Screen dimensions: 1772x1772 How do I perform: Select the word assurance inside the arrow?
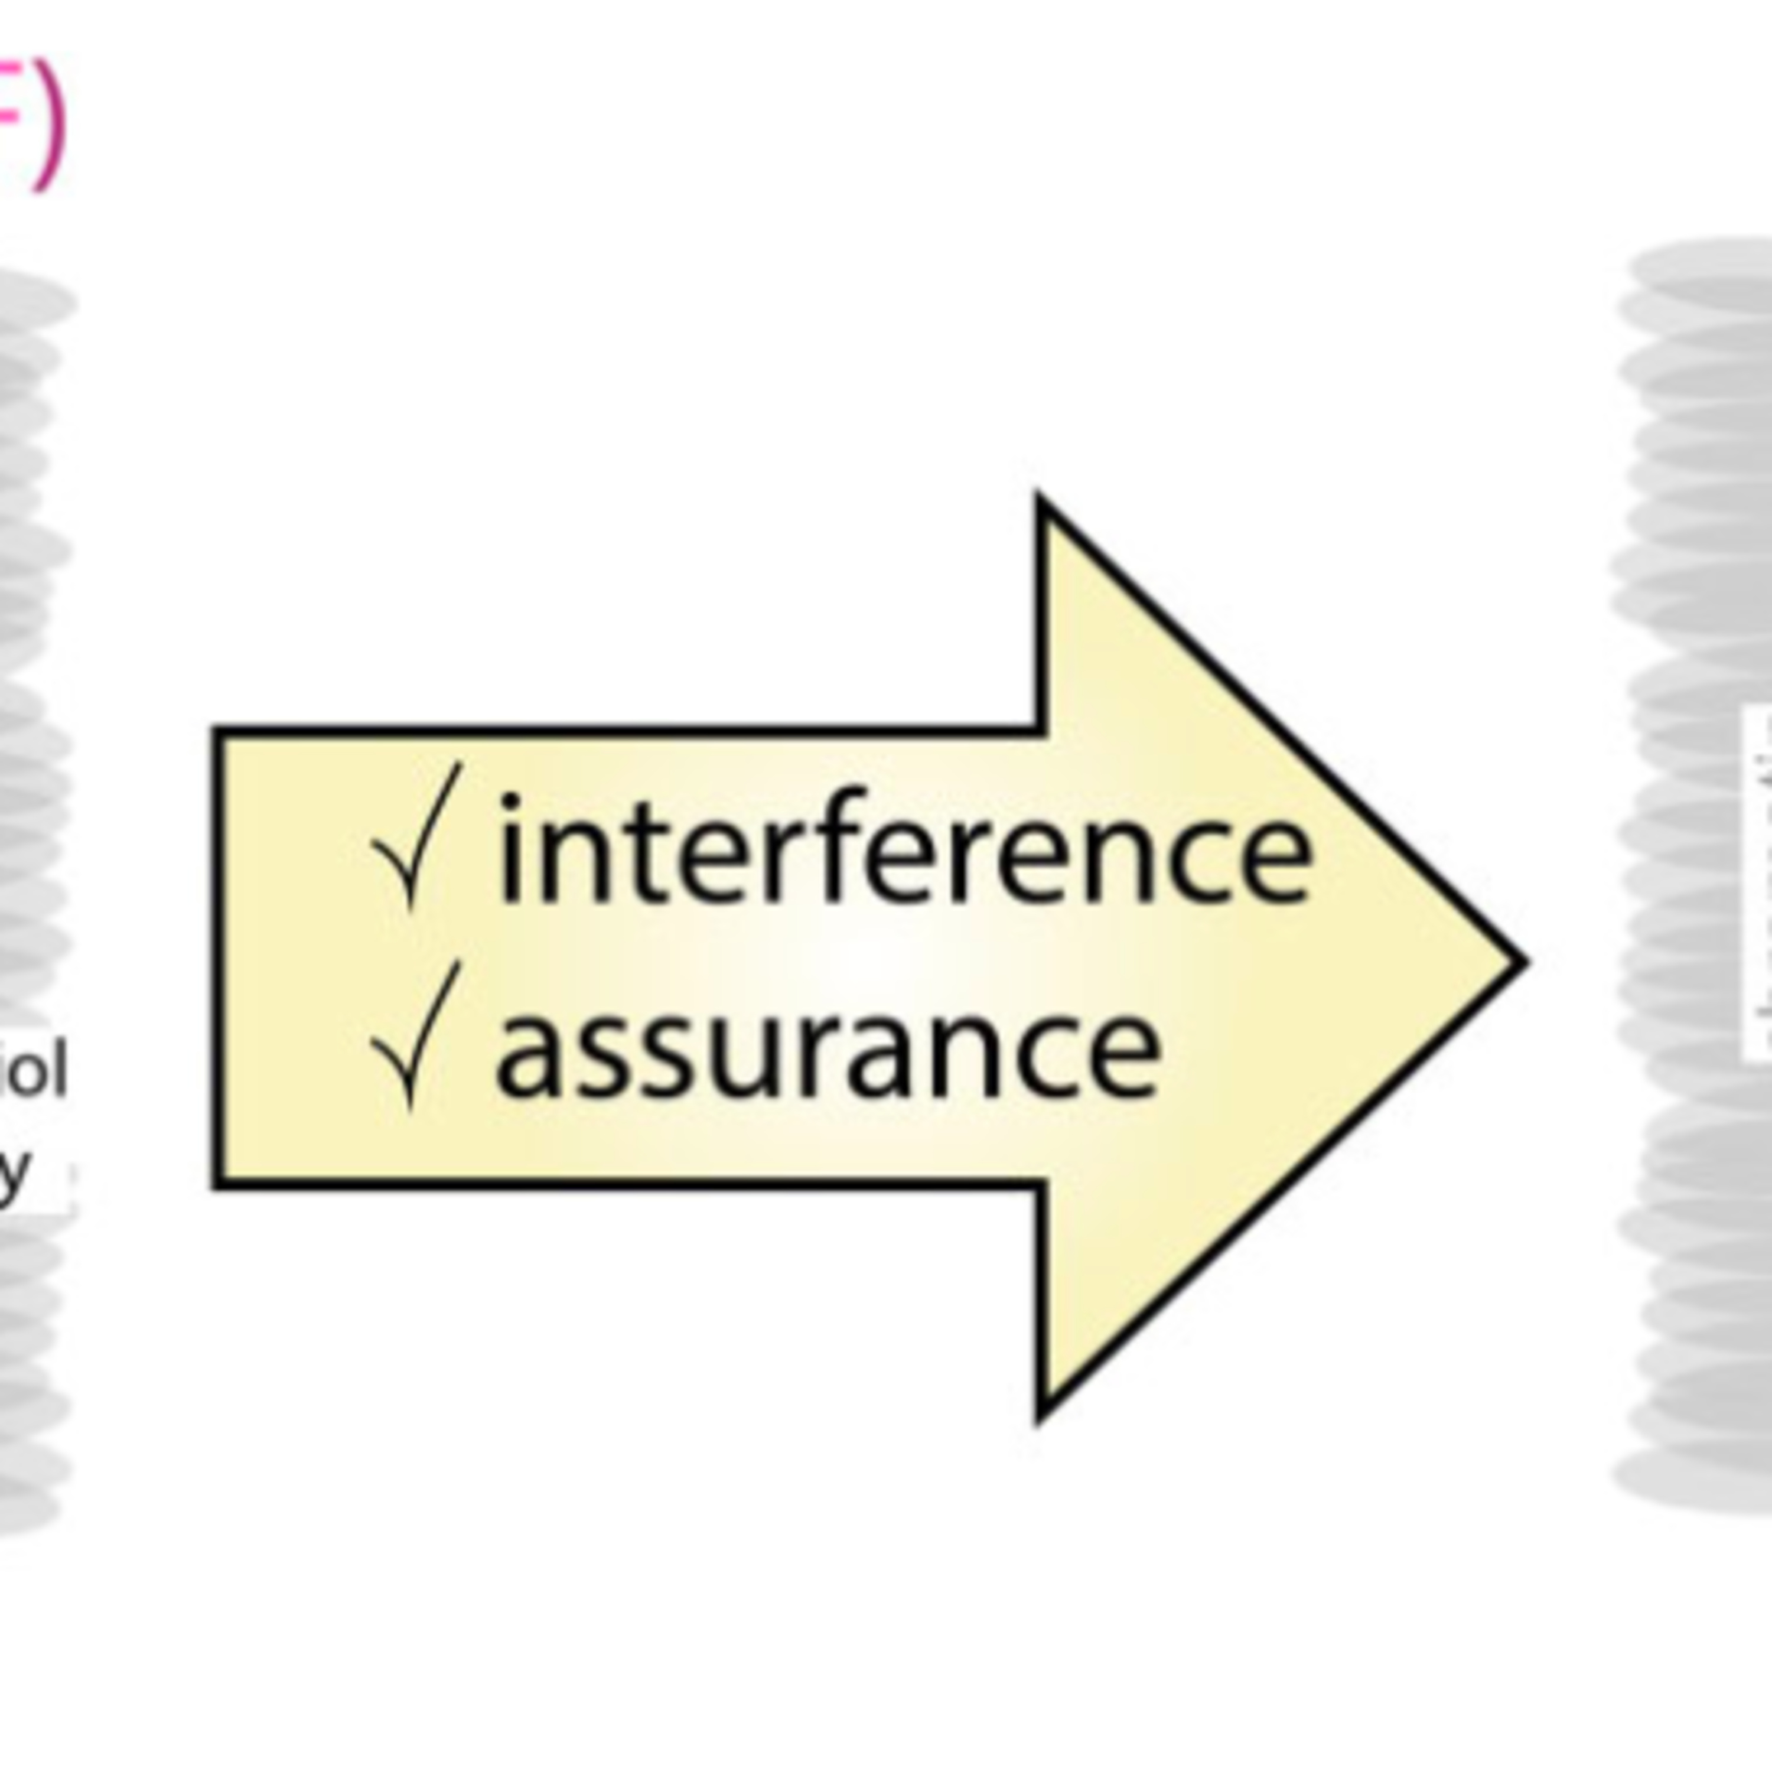tap(828, 1045)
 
